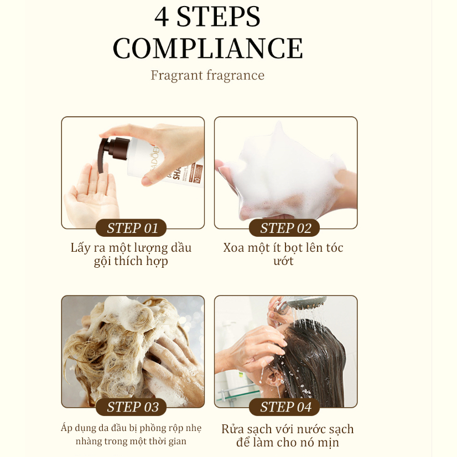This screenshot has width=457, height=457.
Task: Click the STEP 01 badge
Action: [x=131, y=228]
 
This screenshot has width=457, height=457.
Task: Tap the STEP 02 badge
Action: [x=284, y=228]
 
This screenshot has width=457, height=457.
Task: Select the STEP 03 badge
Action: [x=131, y=407]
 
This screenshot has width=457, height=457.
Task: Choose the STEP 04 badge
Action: [x=284, y=407]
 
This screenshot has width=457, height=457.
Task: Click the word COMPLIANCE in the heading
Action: [x=208, y=48]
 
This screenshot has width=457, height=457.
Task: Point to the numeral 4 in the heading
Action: [x=162, y=17]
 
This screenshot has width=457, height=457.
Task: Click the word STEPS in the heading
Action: [x=219, y=17]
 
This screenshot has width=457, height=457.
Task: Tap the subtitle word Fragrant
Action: [x=177, y=75]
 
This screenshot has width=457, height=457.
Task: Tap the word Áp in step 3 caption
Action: [x=66, y=428]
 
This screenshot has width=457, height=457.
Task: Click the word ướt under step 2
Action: [x=283, y=261]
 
